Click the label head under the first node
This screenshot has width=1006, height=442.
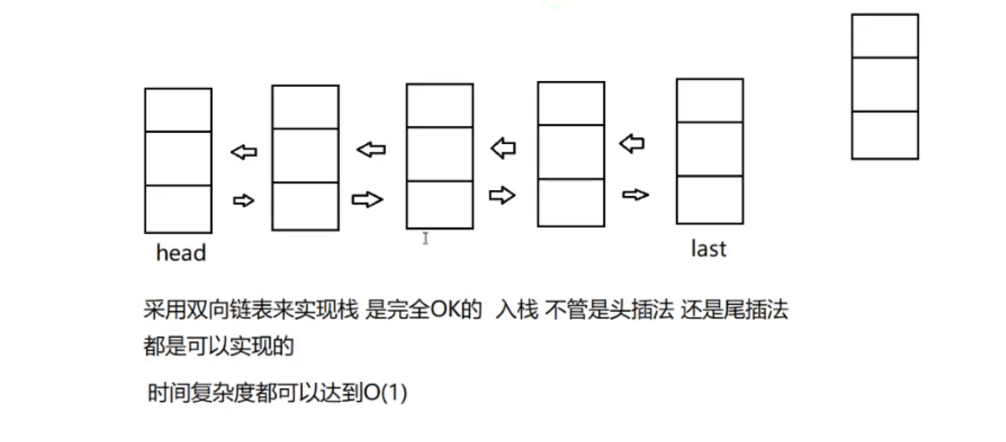(x=181, y=253)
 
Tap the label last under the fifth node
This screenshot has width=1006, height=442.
(x=708, y=249)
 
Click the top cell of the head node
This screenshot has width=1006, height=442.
(x=178, y=110)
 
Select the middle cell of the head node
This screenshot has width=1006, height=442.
(x=178, y=158)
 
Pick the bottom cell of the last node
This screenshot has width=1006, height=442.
(x=709, y=200)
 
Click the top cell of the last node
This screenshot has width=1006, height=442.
(x=709, y=101)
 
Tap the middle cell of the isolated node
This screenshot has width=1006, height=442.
(x=885, y=84)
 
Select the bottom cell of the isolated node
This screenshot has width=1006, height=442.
(x=885, y=135)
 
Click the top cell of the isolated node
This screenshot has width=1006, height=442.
(x=885, y=35)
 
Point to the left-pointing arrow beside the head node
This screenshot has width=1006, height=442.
(x=243, y=152)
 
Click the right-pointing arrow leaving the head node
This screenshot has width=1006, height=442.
(x=244, y=200)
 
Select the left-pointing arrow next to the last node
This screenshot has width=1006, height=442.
(x=632, y=143)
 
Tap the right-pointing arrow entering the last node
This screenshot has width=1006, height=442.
(x=635, y=195)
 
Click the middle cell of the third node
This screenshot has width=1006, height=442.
(x=439, y=154)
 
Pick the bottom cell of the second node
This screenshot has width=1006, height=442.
(x=305, y=206)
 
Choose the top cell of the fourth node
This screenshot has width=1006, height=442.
(x=570, y=104)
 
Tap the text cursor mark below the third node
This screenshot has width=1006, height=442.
(x=425, y=238)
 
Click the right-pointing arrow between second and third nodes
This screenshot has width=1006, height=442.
(x=367, y=199)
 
